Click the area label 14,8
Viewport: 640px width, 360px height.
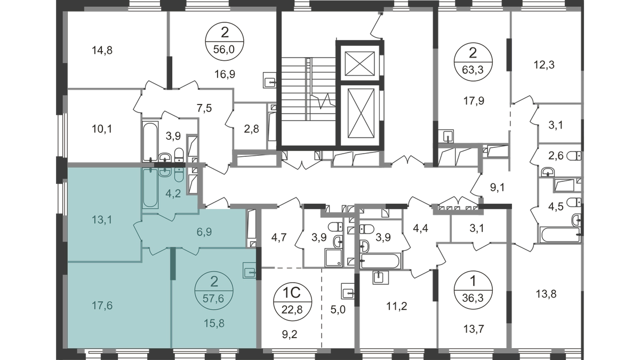coord(102,51)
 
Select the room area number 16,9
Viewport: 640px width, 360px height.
coord(225,74)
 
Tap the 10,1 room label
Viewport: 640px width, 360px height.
coord(102,129)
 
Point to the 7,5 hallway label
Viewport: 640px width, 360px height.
coord(204,109)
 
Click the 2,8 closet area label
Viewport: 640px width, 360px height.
coord(251,129)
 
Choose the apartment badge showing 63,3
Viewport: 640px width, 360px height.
coord(473,62)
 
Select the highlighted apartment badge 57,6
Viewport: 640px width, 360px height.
coord(214,291)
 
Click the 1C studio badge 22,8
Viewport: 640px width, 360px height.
coord(293,301)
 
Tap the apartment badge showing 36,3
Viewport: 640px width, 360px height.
coord(473,290)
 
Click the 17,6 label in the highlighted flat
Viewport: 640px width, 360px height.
coord(102,306)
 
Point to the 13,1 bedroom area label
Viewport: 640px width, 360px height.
coord(102,220)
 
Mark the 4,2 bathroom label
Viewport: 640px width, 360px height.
coord(173,194)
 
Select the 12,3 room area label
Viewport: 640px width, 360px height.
coord(545,65)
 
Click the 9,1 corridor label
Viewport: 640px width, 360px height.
coord(498,188)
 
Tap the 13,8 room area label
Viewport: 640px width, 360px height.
coord(546,294)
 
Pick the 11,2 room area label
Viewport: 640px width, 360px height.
coord(397,306)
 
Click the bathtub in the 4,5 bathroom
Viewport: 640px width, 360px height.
coord(560,235)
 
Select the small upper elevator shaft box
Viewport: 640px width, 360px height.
coord(359,63)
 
